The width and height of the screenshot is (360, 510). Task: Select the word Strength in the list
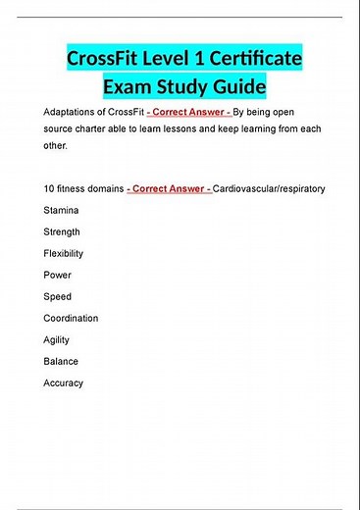[x=62, y=231]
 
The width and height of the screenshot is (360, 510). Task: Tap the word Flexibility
[x=64, y=253]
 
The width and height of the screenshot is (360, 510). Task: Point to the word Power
[x=58, y=275]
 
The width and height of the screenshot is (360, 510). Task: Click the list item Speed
[x=58, y=296]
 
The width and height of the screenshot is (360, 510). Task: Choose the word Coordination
[x=71, y=318]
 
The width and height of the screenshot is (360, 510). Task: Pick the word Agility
[x=57, y=339]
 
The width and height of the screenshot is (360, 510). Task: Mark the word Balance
[x=61, y=361]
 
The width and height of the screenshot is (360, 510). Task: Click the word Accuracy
[x=64, y=382]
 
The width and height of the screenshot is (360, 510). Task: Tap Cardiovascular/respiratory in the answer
[x=269, y=187]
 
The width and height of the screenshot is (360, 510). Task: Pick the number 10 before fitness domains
[x=49, y=187]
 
